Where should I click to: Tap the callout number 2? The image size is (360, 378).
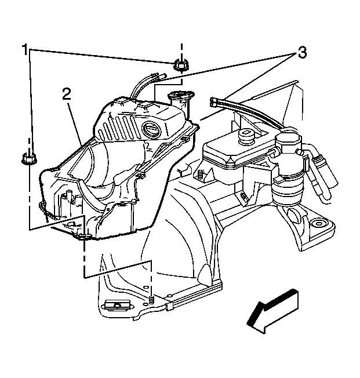point(67,94)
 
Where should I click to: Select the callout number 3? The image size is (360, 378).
point(301,53)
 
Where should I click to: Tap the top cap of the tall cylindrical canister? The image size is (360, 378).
point(289,140)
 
